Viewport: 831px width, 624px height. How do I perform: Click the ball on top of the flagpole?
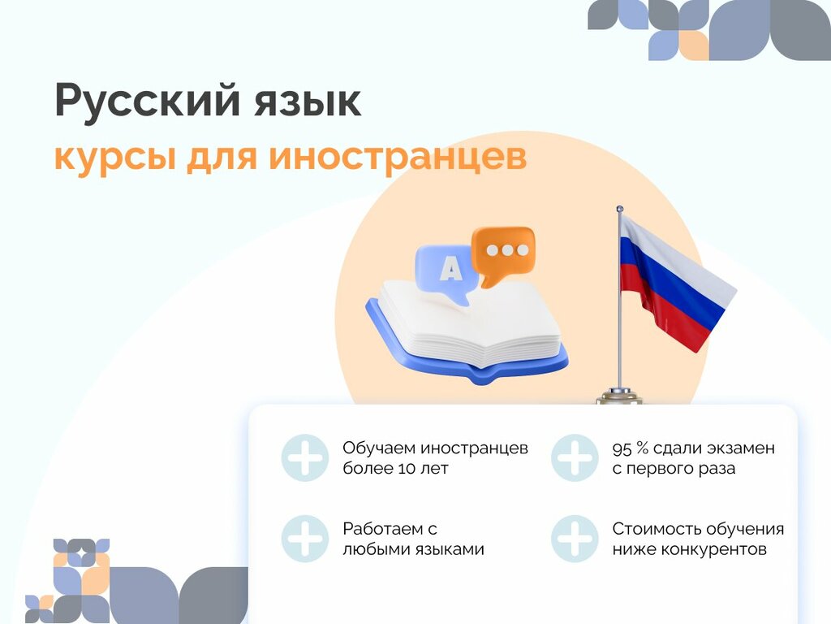click(x=619, y=210)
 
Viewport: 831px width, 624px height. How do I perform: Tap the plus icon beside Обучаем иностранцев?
click(x=305, y=458)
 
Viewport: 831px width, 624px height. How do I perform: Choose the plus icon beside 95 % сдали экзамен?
click(x=575, y=458)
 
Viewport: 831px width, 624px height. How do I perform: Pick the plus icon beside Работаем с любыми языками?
click(x=305, y=539)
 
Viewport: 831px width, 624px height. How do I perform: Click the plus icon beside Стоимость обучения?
click(x=575, y=539)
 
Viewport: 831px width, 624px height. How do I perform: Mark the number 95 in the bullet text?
click(x=622, y=448)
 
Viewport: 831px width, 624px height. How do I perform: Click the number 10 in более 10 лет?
click(x=408, y=469)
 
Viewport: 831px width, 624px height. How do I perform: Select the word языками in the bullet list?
click(x=450, y=549)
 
